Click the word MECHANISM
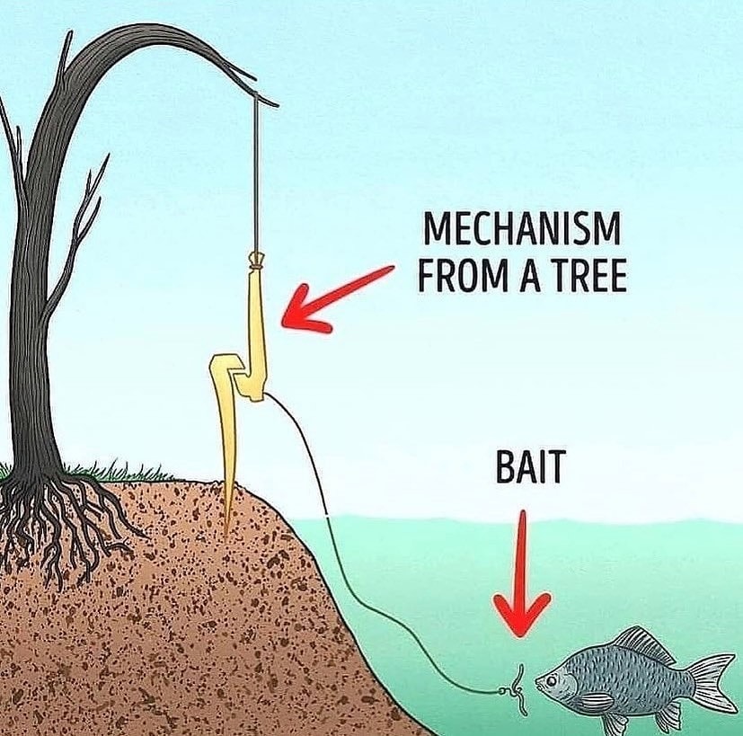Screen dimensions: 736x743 520,230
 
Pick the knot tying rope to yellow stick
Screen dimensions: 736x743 256,262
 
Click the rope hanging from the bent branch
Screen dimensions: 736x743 256,180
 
